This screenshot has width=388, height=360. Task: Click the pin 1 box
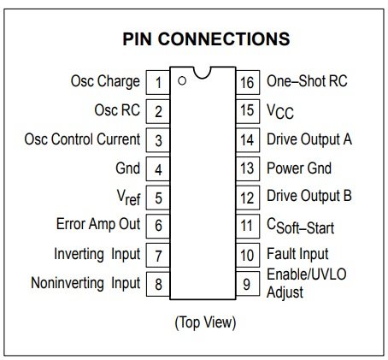click(x=158, y=82)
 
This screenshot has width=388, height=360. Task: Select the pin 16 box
click(x=248, y=82)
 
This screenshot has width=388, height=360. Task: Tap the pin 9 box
click(x=248, y=284)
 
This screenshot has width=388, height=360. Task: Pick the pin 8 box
click(x=158, y=284)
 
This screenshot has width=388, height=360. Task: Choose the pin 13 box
click(x=248, y=168)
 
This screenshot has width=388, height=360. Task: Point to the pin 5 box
click(x=158, y=198)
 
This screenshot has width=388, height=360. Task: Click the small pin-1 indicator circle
click(x=182, y=81)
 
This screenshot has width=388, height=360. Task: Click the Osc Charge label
click(x=105, y=82)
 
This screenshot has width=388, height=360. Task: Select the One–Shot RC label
click(x=307, y=81)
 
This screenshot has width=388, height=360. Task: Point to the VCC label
click(x=280, y=111)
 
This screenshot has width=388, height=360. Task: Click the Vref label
click(x=129, y=198)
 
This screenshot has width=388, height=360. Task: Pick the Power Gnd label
click(x=299, y=168)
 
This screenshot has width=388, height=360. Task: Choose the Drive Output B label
click(x=309, y=197)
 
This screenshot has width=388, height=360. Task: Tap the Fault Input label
click(x=297, y=254)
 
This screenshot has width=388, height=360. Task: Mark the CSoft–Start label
click(x=301, y=227)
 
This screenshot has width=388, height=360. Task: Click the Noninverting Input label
click(x=85, y=284)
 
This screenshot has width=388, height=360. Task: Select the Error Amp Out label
click(x=98, y=224)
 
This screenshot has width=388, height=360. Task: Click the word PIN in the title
click(x=137, y=38)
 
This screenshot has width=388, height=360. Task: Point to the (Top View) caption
click(x=205, y=323)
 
